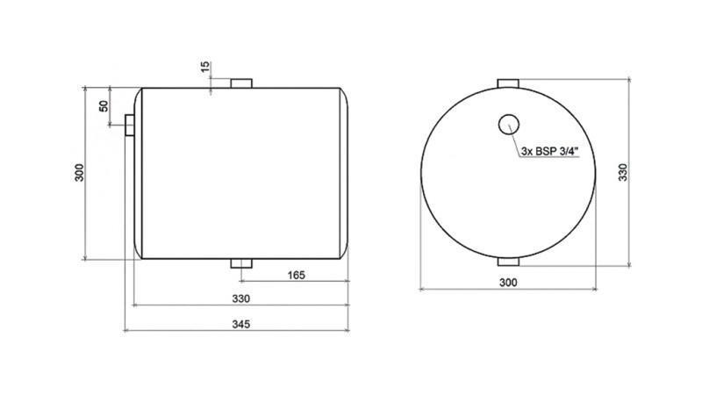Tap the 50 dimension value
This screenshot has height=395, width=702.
point(104,106)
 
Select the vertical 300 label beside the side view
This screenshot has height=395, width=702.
point(79,173)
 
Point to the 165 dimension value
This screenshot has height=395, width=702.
point(297,276)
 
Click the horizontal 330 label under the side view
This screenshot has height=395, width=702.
point(240,298)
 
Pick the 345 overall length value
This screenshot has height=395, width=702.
point(242,324)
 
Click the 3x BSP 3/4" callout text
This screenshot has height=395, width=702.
point(549,152)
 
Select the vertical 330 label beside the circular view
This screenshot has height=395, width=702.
point(624,171)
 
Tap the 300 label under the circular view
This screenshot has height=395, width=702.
point(508,282)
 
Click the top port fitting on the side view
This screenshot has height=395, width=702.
point(241,83)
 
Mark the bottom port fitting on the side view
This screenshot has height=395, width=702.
point(241,263)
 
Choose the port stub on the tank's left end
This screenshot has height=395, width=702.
point(130,126)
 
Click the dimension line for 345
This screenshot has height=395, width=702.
point(175,331)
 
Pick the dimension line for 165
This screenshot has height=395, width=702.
point(263,283)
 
